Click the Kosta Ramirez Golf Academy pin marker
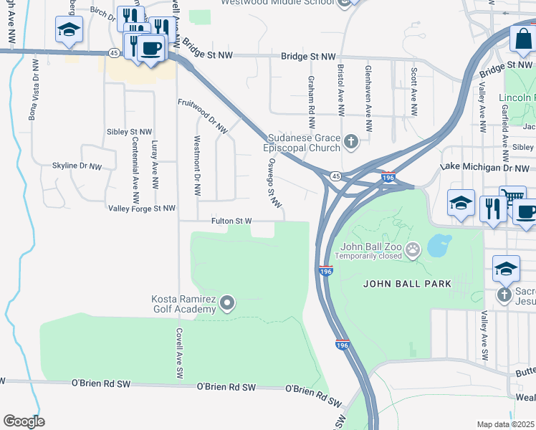tap(227, 303)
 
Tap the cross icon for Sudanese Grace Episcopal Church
tap(351, 140)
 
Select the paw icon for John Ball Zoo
tap(413, 249)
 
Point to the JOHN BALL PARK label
tap(407, 284)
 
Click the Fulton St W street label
tap(231, 221)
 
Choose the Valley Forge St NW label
tap(141, 209)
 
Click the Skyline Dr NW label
tap(77, 166)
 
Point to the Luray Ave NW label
tap(154, 164)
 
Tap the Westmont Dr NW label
tap(197, 167)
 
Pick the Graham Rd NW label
tap(312, 97)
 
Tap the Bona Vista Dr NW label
tap(32, 88)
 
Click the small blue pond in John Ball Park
tap(439, 245)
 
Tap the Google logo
tap(24, 421)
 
